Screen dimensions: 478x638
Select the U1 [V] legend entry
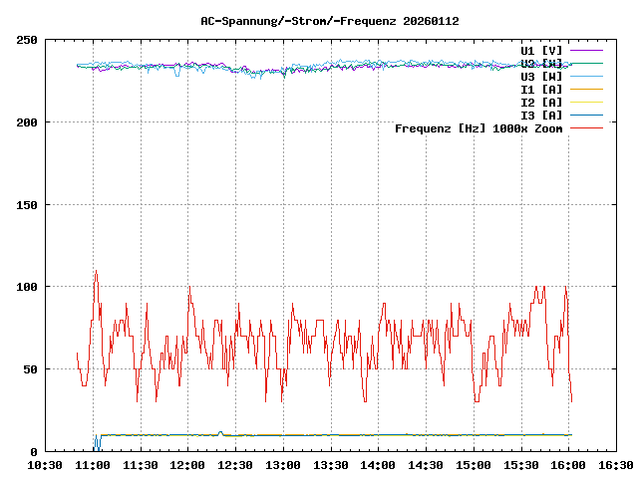click(x=541, y=50)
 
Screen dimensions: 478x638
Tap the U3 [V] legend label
click(x=541, y=76)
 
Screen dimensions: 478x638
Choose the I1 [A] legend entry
click(x=541, y=89)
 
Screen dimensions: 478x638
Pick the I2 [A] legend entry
click(x=541, y=102)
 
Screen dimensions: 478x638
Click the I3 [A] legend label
click(x=541, y=115)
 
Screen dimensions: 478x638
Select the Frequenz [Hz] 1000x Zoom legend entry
click(x=478, y=127)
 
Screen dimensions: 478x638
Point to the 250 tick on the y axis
click(x=27, y=40)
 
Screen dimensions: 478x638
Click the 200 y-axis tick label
click(x=27, y=122)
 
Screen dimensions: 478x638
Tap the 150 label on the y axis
click(x=27, y=205)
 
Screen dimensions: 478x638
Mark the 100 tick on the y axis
click(x=27, y=287)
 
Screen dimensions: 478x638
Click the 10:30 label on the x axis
click(x=46, y=465)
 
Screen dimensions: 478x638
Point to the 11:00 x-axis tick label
click(x=94, y=465)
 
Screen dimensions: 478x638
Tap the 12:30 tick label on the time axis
click(x=235, y=465)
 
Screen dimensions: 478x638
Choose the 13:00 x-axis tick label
click(x=283, y=465)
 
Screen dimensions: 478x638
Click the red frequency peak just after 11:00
click(x=96, y=272)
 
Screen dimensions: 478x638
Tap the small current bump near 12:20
click(x=220, y=432)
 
